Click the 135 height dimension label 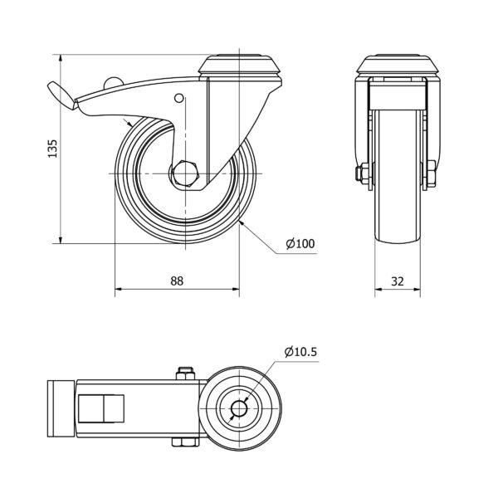[x=53, y=149]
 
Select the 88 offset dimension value [x=177, y=281]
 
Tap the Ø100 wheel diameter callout [x=300, y=243]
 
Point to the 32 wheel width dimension [x=398, y=281]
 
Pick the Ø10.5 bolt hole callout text [x=300, y=352]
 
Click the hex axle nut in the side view [x=185, y=173]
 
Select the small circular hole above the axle [x=179, y=98]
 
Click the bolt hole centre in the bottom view [x=239, y=408]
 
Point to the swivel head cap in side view [x=239, y=65]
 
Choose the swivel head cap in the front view [x=398, y=64]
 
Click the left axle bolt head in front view [x=360, y=173]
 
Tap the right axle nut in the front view [x=432, y=173]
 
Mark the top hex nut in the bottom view [x=185, y=373]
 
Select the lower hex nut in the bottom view [x=186, y=442]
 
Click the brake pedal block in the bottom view [x=61, y=408]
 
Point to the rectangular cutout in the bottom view [x=101, y=408]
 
